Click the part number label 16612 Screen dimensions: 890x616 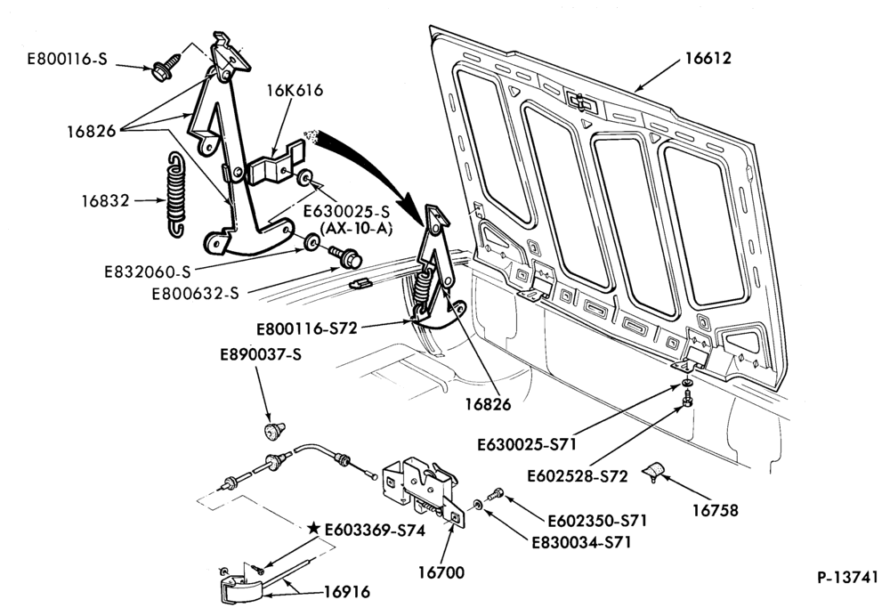pyautogui.click(x=708, y=58)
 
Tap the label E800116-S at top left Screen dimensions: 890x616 pyautogui.click(x=67, y=59)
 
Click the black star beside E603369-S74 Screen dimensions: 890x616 pyautogui.click(x=313, y=529)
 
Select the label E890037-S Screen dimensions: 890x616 pyautogui.click(x=261, y=354)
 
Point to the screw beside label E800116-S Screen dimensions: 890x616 pyautogui.click(x=166, y=68)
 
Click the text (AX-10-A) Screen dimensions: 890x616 pyautogui.click(x=357, y=229)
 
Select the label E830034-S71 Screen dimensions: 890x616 pyautogui.click(x=581, y=543)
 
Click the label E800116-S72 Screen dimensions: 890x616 pyautogui.click(x=306, y=328)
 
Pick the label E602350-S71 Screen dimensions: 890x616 pyautogui.click(x=597, y=520)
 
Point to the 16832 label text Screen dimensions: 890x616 pyautogui.click(x=105, y=200)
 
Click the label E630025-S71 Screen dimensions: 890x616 pyautogui.click(x=527, y=443)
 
